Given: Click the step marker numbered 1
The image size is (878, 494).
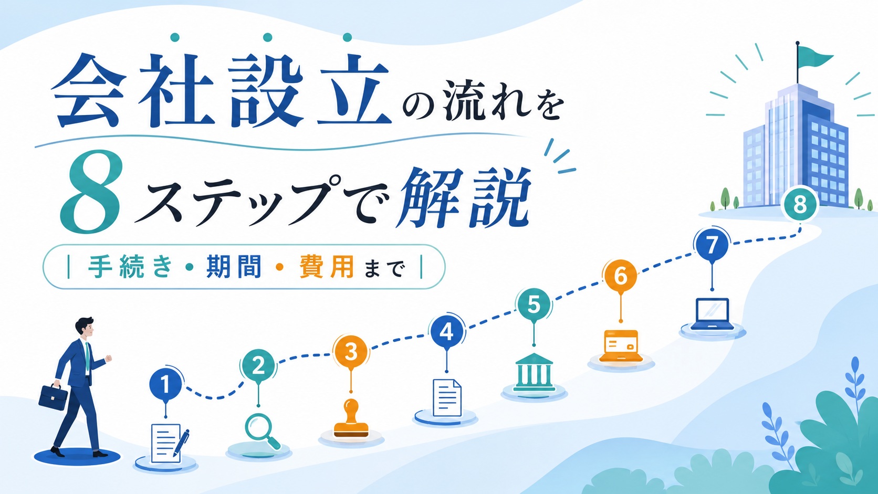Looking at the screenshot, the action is [165, 384].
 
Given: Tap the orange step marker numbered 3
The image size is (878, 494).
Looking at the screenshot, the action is [350, 351].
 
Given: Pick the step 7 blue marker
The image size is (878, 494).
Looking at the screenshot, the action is [712, 245].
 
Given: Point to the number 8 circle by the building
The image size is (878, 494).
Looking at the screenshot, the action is [800, 205].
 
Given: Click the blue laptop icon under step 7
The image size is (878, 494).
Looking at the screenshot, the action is [712, 314].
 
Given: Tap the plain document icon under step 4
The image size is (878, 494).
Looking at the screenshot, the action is [447, 397].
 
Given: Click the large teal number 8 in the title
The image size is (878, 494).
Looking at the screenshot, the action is [90, 192].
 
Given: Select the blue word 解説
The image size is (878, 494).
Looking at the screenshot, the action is [464, 198].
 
